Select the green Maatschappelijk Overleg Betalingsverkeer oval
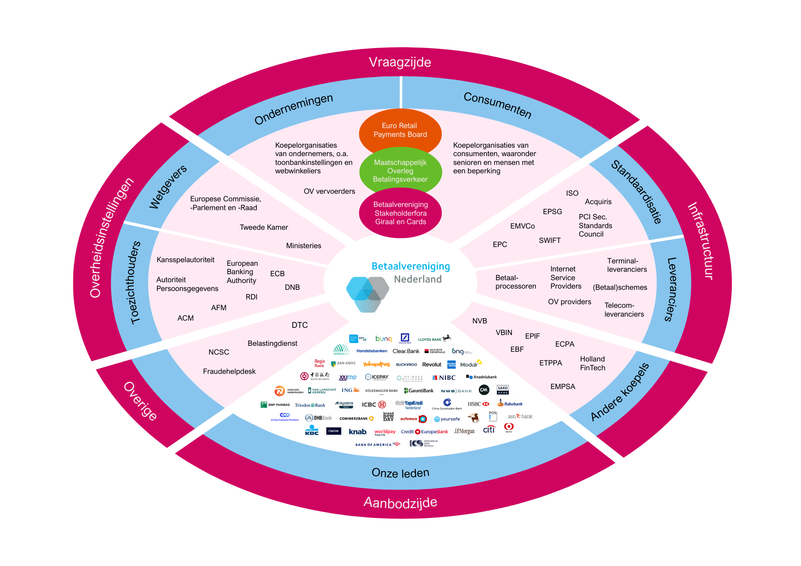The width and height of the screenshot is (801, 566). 400,171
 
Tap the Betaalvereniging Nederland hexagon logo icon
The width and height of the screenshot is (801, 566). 367,294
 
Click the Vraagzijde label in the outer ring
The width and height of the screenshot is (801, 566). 400,62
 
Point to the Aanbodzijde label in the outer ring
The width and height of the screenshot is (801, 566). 400,502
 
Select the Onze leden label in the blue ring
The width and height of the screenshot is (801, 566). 400,473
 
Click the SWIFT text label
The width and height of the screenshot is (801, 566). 549,241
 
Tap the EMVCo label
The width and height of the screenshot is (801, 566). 522,226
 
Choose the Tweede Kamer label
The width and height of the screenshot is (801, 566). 264,227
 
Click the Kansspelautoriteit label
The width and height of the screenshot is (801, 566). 185,260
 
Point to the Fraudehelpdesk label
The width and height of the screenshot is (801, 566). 229,371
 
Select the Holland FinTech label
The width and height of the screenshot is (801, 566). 592,363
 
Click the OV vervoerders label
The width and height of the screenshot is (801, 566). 329,191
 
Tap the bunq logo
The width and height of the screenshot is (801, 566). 383,339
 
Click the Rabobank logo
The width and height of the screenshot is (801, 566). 510,403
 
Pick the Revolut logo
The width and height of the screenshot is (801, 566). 431,365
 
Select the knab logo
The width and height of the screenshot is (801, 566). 357,432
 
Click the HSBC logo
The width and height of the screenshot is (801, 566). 478,404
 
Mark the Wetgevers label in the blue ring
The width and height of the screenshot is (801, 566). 168,187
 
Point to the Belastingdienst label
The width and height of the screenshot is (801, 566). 272,343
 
